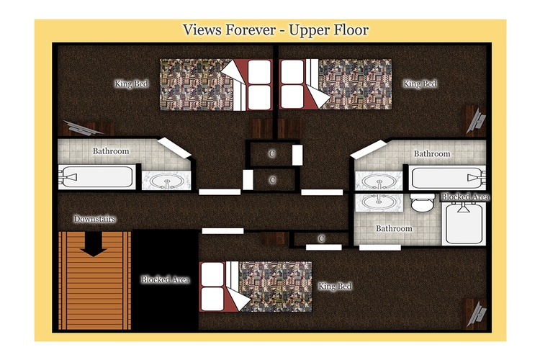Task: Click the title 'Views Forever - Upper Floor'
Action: point(276,30)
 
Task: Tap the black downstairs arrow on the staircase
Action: point(94,244)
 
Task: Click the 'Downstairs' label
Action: point(94,219)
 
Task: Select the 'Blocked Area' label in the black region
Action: point(166,280)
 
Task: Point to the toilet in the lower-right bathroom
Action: point(423,202)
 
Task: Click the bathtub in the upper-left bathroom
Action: point(96,177)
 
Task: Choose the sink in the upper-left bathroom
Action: point(167,181)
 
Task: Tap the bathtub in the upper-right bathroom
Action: point(448,177)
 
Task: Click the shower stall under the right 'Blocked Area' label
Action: point(464,224)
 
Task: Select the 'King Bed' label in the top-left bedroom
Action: point(131,84)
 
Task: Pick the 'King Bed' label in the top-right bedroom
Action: point(420,84)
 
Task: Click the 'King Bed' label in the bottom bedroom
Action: point(335,287)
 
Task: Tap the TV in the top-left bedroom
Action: point(84,128)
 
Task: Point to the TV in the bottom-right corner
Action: point(477,314)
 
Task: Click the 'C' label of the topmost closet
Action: point(272,153)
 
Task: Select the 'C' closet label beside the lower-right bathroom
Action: point(321,238)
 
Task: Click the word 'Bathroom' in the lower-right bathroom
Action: point(394,228)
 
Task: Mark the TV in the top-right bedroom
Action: point(477,121)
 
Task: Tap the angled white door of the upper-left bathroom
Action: point(174,148)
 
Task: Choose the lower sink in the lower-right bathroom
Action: point(379,202)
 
